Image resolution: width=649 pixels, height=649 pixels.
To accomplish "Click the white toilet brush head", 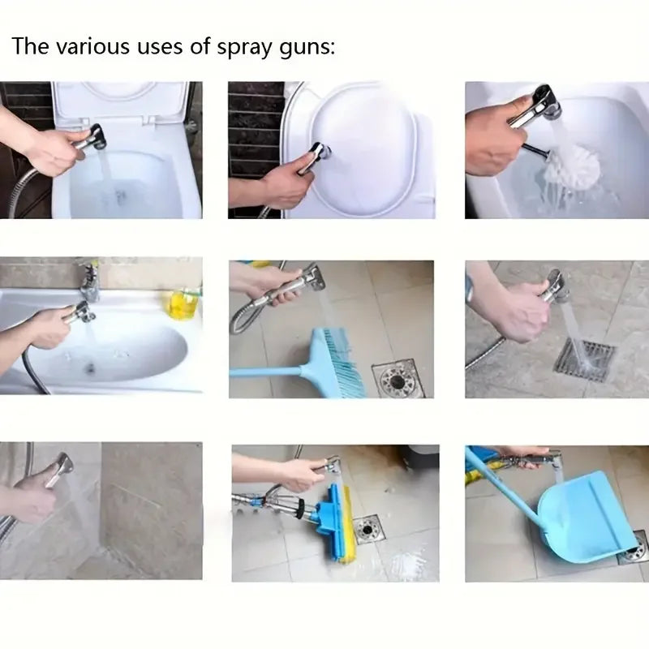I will click(x=570, y=166).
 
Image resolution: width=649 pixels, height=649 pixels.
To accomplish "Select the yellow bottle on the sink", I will click(x=182, y=303).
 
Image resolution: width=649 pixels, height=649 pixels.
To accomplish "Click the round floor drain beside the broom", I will click(x=398, y=379).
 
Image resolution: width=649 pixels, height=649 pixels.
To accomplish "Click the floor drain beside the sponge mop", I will click(x=367, y=529).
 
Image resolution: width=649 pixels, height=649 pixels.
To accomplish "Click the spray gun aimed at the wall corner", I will click(x=58, y=470).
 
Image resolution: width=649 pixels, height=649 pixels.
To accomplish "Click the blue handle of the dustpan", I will click(x=503, y=495).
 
